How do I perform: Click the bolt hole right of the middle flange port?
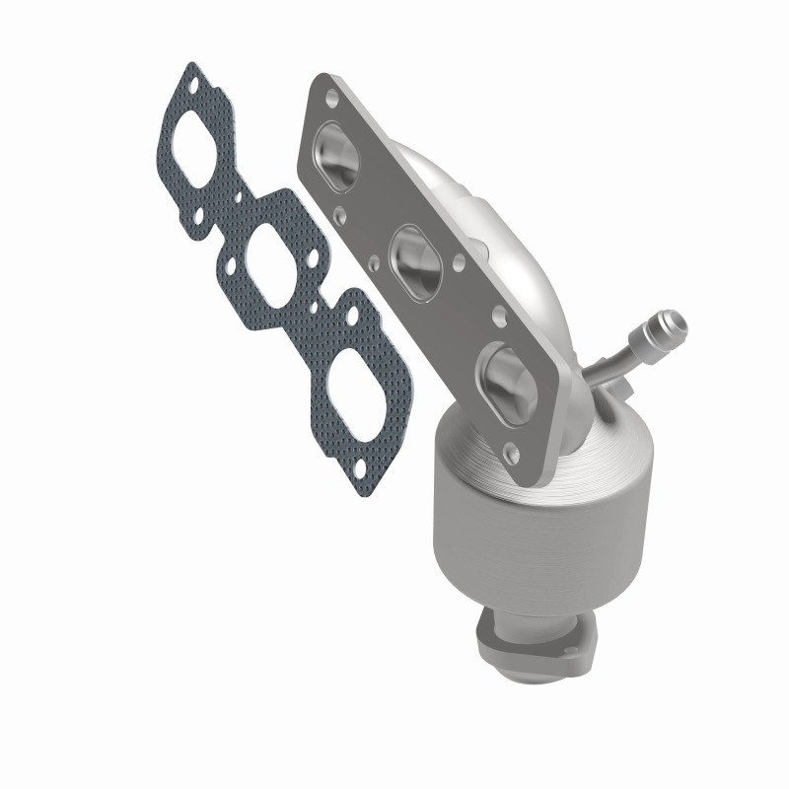[x=460, y=264]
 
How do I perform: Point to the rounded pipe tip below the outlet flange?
[x=538, y=681]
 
